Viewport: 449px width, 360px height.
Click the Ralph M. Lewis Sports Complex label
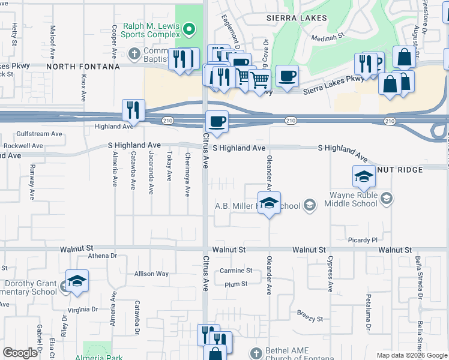[x=151, y=31]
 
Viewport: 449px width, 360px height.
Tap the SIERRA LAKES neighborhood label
[x=297, y=18]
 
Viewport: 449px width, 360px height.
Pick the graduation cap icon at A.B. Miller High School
[x=270, y=203]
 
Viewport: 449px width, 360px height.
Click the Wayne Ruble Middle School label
[x=354, y=199]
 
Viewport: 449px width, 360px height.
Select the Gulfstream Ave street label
[x=40, y=134]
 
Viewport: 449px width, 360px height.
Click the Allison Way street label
[x=151, y=274]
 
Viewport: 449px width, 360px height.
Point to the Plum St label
[x=236, y=284]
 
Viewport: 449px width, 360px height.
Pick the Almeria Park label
[x=99, y=358]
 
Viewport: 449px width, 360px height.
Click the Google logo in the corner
[x=20, y=353]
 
